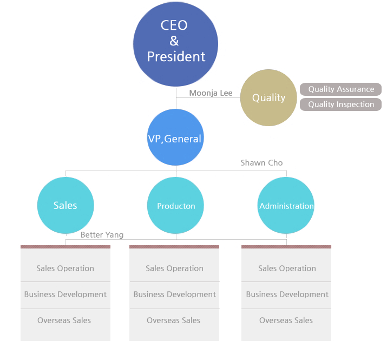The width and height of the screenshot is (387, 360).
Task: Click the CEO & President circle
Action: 175,44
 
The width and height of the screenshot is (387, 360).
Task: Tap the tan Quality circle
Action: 268,97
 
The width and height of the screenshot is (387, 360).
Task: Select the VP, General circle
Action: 175,138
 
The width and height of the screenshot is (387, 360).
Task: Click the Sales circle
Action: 65,206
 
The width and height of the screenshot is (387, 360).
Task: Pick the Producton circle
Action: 176,206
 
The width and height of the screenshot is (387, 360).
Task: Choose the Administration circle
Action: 286,206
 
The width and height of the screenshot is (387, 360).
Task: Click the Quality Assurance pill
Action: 341,89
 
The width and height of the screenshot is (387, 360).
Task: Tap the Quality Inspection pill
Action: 341,104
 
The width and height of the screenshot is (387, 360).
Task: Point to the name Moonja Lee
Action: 211,93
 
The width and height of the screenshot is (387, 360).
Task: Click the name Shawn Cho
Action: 261,162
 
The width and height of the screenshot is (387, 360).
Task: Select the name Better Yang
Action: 102,235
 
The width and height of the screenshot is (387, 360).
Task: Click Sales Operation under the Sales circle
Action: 65,269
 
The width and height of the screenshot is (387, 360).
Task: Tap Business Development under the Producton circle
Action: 174,294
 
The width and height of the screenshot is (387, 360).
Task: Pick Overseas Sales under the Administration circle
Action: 286,320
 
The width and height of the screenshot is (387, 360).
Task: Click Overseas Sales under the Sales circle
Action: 64,320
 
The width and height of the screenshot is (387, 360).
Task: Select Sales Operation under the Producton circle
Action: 174,269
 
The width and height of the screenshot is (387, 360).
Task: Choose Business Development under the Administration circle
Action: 287,294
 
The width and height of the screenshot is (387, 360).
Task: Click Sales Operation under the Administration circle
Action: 287,269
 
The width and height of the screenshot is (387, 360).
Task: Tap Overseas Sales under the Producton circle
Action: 174,320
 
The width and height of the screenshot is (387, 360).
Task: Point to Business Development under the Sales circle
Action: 65,294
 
